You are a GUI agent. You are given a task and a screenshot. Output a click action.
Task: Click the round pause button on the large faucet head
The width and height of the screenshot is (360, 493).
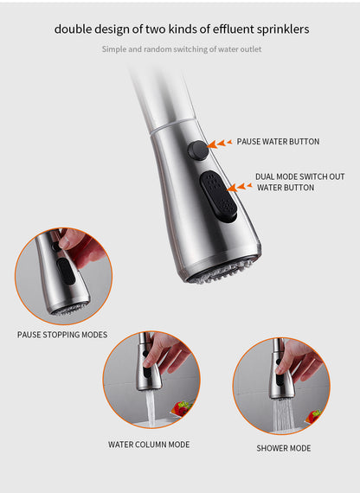point(198,149)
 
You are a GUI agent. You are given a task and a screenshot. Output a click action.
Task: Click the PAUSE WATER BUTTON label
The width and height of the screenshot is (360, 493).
point(278,142)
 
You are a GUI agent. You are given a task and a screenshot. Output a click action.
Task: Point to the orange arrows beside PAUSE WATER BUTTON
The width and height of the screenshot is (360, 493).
point(223,143)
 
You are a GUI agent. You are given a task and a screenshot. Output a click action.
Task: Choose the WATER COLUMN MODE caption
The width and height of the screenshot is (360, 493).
point(149,445)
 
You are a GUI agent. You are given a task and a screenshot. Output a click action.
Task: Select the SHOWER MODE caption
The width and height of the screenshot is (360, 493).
point(283,448)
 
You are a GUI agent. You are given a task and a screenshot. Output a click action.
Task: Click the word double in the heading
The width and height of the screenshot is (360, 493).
point(74,29)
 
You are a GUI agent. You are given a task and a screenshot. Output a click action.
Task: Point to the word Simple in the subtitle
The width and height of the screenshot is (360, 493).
point(115,49)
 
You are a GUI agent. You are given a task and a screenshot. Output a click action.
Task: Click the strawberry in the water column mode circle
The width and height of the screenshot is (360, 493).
point(182,407)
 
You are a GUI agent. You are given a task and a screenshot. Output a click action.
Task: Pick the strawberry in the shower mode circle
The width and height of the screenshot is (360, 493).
point(312,415)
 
